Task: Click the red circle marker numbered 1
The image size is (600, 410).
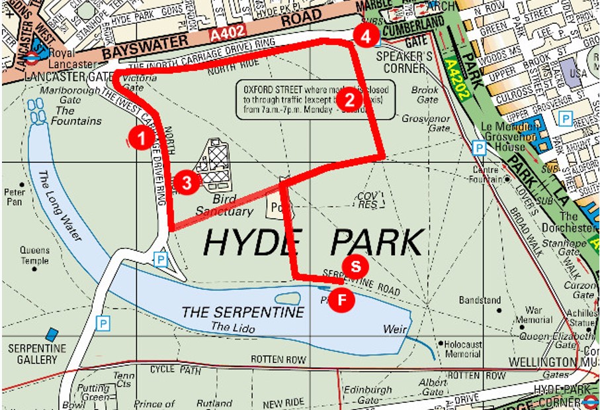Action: point(138,137)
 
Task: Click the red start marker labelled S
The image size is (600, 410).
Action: point(355,267)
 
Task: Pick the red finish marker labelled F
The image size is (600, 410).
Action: point(342,299)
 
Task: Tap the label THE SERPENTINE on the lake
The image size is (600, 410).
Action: point(243,312)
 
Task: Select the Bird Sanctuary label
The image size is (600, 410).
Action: point(224,205)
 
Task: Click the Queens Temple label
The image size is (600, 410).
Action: point(34,255)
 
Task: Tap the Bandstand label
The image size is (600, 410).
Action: point(480,300)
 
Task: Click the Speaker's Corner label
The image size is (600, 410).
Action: point(400,62)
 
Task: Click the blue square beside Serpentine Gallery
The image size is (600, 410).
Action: point(52,334)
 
